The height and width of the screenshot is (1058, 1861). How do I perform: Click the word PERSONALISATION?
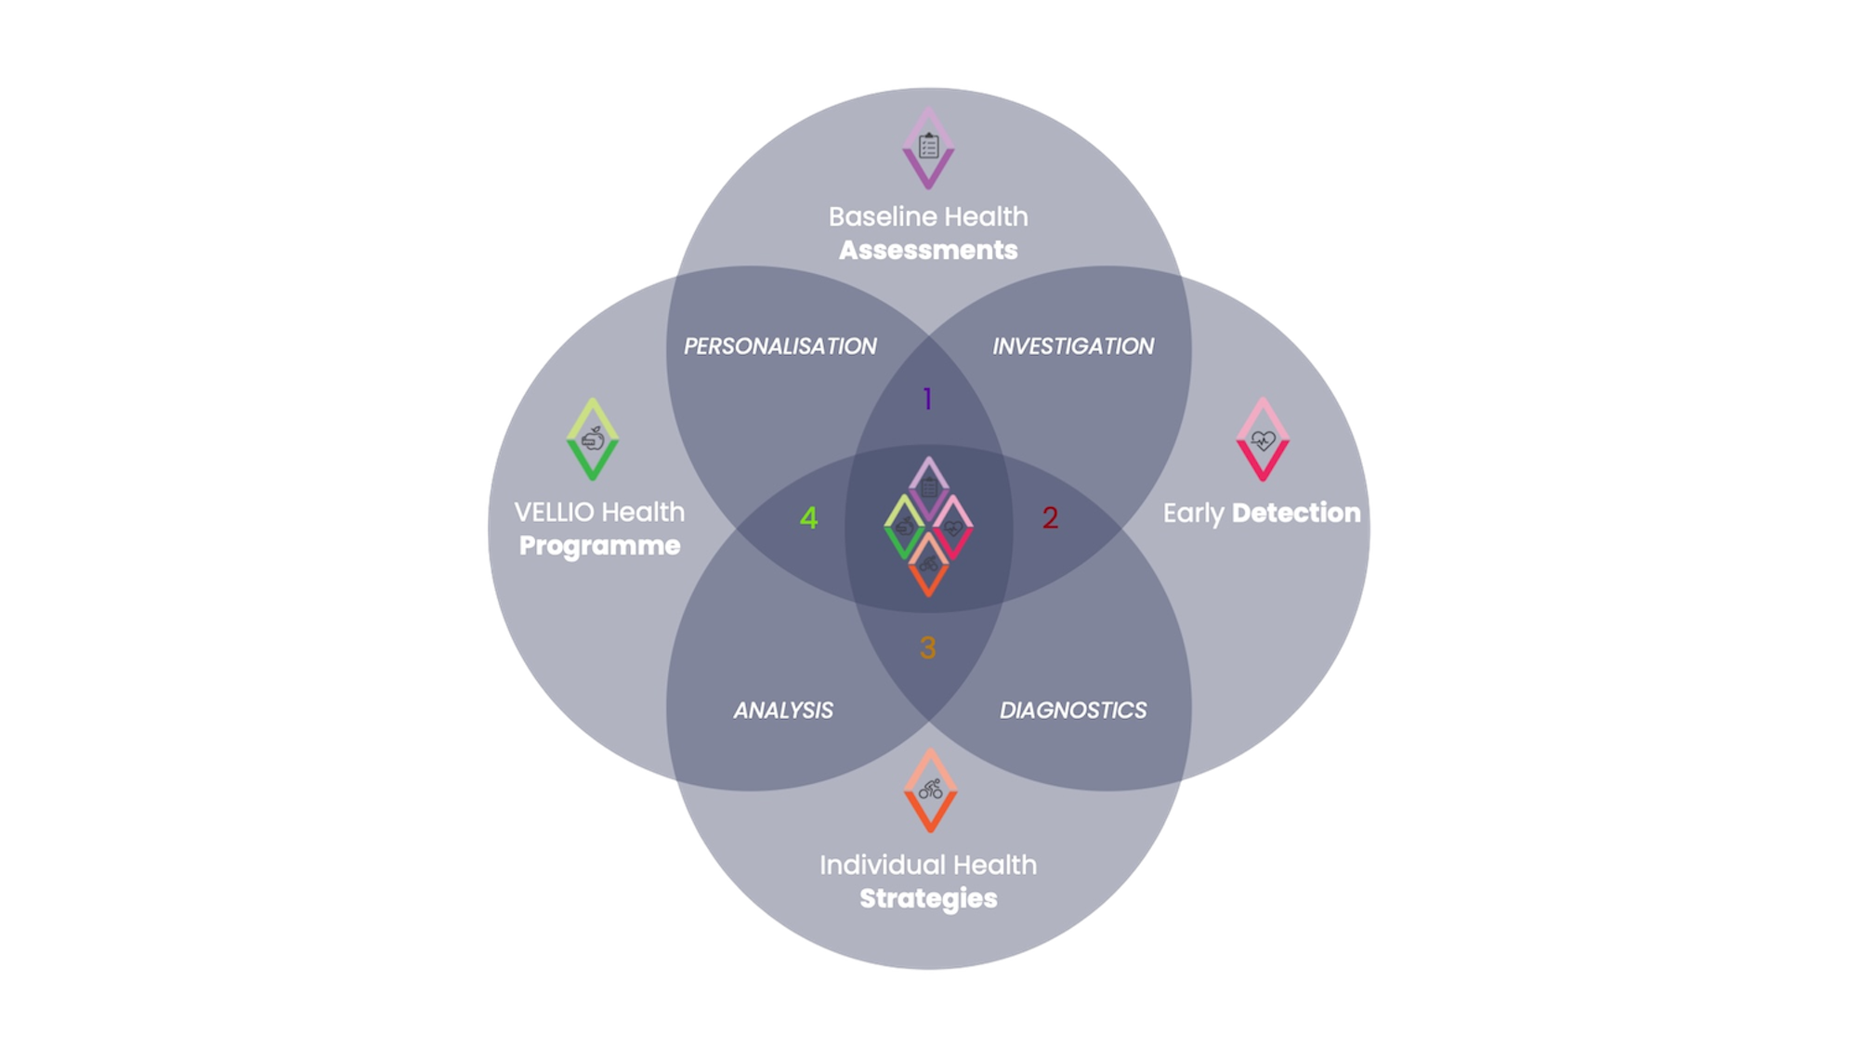click(x=780, y=346)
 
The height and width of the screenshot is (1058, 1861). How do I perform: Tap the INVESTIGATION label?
click(x=1073, y=346)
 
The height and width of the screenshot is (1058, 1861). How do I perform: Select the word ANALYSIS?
click(x=783, y=711)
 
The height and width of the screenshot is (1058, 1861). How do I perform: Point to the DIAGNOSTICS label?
click(x=1073, y=711)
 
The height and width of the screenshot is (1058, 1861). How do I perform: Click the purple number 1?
click(x=927, y=399)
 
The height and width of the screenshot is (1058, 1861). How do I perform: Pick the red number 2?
click(x=1050, y=518)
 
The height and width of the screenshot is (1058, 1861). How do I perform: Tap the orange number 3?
click(x=927, y=647)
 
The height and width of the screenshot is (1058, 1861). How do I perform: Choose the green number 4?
click(x=808, y=518)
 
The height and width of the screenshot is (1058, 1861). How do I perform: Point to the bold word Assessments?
click(x=928, y=250)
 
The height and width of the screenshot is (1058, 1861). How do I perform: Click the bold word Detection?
click(x=1295, y=513)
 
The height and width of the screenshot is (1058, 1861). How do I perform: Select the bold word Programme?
click(x=599, y=545)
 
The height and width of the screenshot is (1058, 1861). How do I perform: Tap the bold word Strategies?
click(x=928, y=898)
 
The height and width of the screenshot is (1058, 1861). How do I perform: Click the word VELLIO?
click(x=554, y=512)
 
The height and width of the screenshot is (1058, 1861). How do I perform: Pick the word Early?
click(x=1193, y=514)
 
